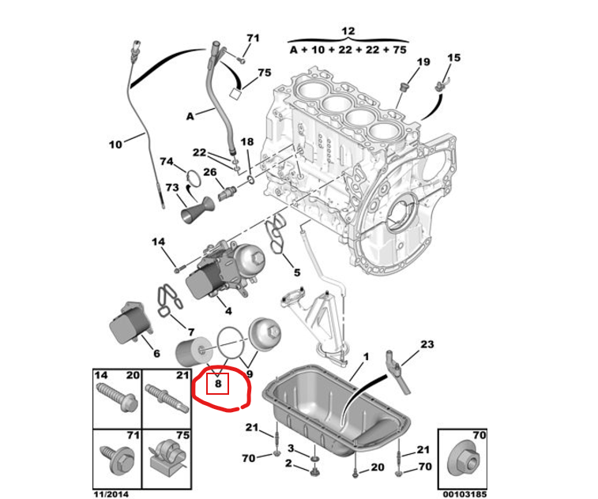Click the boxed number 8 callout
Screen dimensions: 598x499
pyautogui.click(x=218, y=384)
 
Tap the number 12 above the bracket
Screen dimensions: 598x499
pyautogui.click(x=348, y=31)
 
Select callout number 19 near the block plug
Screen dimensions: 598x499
pyautogui.click(x=423, y=62)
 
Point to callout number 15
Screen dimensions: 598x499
pyautogui.click(x=454, y=58)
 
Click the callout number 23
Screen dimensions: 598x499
pyautogui.click(x=427, y=344)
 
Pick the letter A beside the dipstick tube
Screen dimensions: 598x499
pyautogui.click(x=190, y=116)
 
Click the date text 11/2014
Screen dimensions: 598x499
pyautogui.click(x=111, y=494)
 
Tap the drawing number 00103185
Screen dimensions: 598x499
pyautogui.click(x=464, y=494)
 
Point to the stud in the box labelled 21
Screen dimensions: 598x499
pyautogui.click(x=167, y=397)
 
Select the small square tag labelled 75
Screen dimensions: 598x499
pyautogui.click(x=236, y=93)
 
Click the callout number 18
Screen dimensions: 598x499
pyautogui.click(x=246, y=142)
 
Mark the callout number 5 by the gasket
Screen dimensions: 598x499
pyautogui.click(x=297, y=272)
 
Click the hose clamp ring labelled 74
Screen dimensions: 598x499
pyautogui.click(x=194, y=178)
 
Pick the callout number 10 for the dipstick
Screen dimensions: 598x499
pyautogui.click(x=115, y=144)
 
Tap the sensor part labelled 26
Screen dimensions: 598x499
pyautogui.click(x=227, y=193)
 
